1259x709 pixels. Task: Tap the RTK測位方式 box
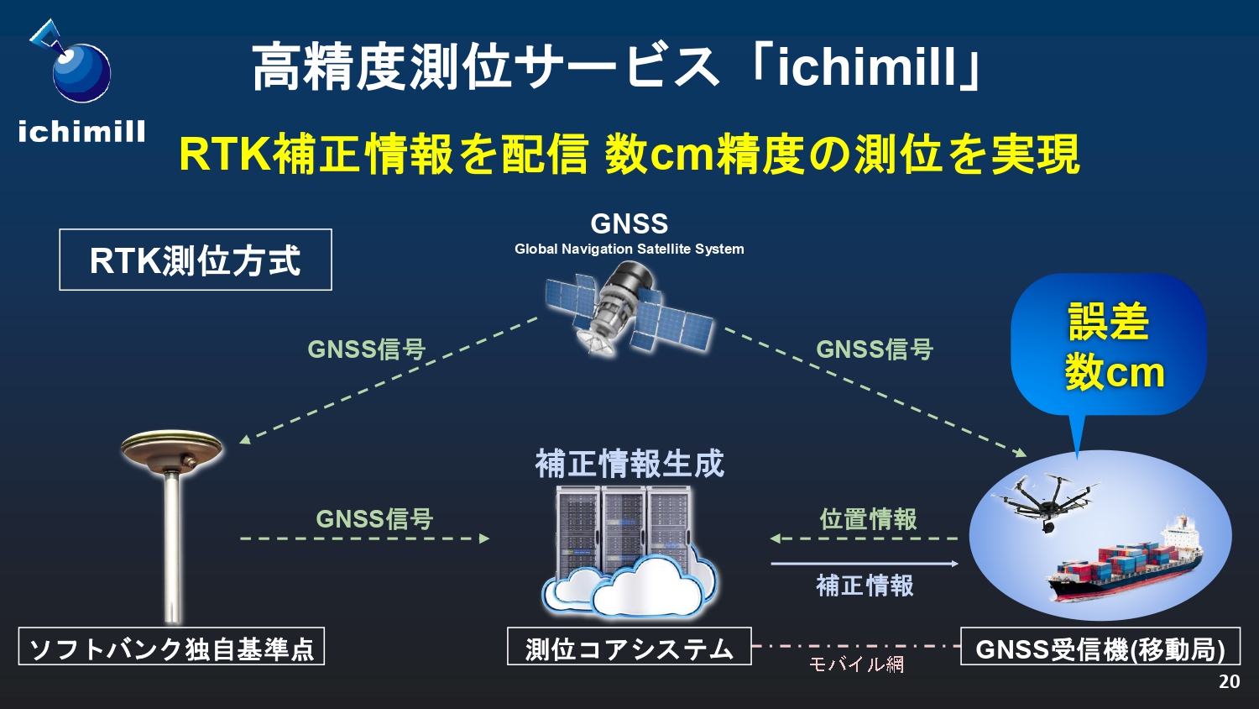coord(196,260)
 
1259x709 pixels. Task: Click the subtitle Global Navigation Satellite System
coord(629,249)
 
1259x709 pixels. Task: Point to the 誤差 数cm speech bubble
coord(1109,349)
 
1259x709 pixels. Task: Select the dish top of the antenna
coord(171,449)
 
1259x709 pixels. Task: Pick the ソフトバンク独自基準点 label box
coord(171,647)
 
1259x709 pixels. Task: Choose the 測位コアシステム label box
coord(629,647)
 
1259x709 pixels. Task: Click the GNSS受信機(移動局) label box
coord(1100,647)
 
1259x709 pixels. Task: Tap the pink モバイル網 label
coord(857,664)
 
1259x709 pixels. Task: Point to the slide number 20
coord(1230,681)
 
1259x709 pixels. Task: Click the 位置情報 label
coord(869,519)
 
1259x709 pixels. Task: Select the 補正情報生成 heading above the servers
coord(629,464)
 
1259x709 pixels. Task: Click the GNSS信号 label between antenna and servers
coord(374,519)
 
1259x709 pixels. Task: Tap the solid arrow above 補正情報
coord(865,564)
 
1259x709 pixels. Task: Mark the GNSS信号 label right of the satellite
coord(875,349)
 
